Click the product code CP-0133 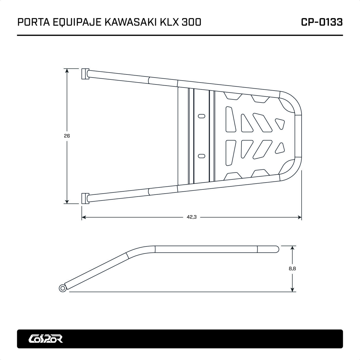point(322,22)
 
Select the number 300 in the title point(191,22)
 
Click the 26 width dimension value point(66,136)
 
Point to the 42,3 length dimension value point(191,217)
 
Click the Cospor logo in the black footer point(46,338)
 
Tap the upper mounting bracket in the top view point(84,74)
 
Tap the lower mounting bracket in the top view point(84,199)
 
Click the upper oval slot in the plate point(202,116)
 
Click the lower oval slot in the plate point(202,156)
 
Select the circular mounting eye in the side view point(63,288)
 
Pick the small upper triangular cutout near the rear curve point(280,123)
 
